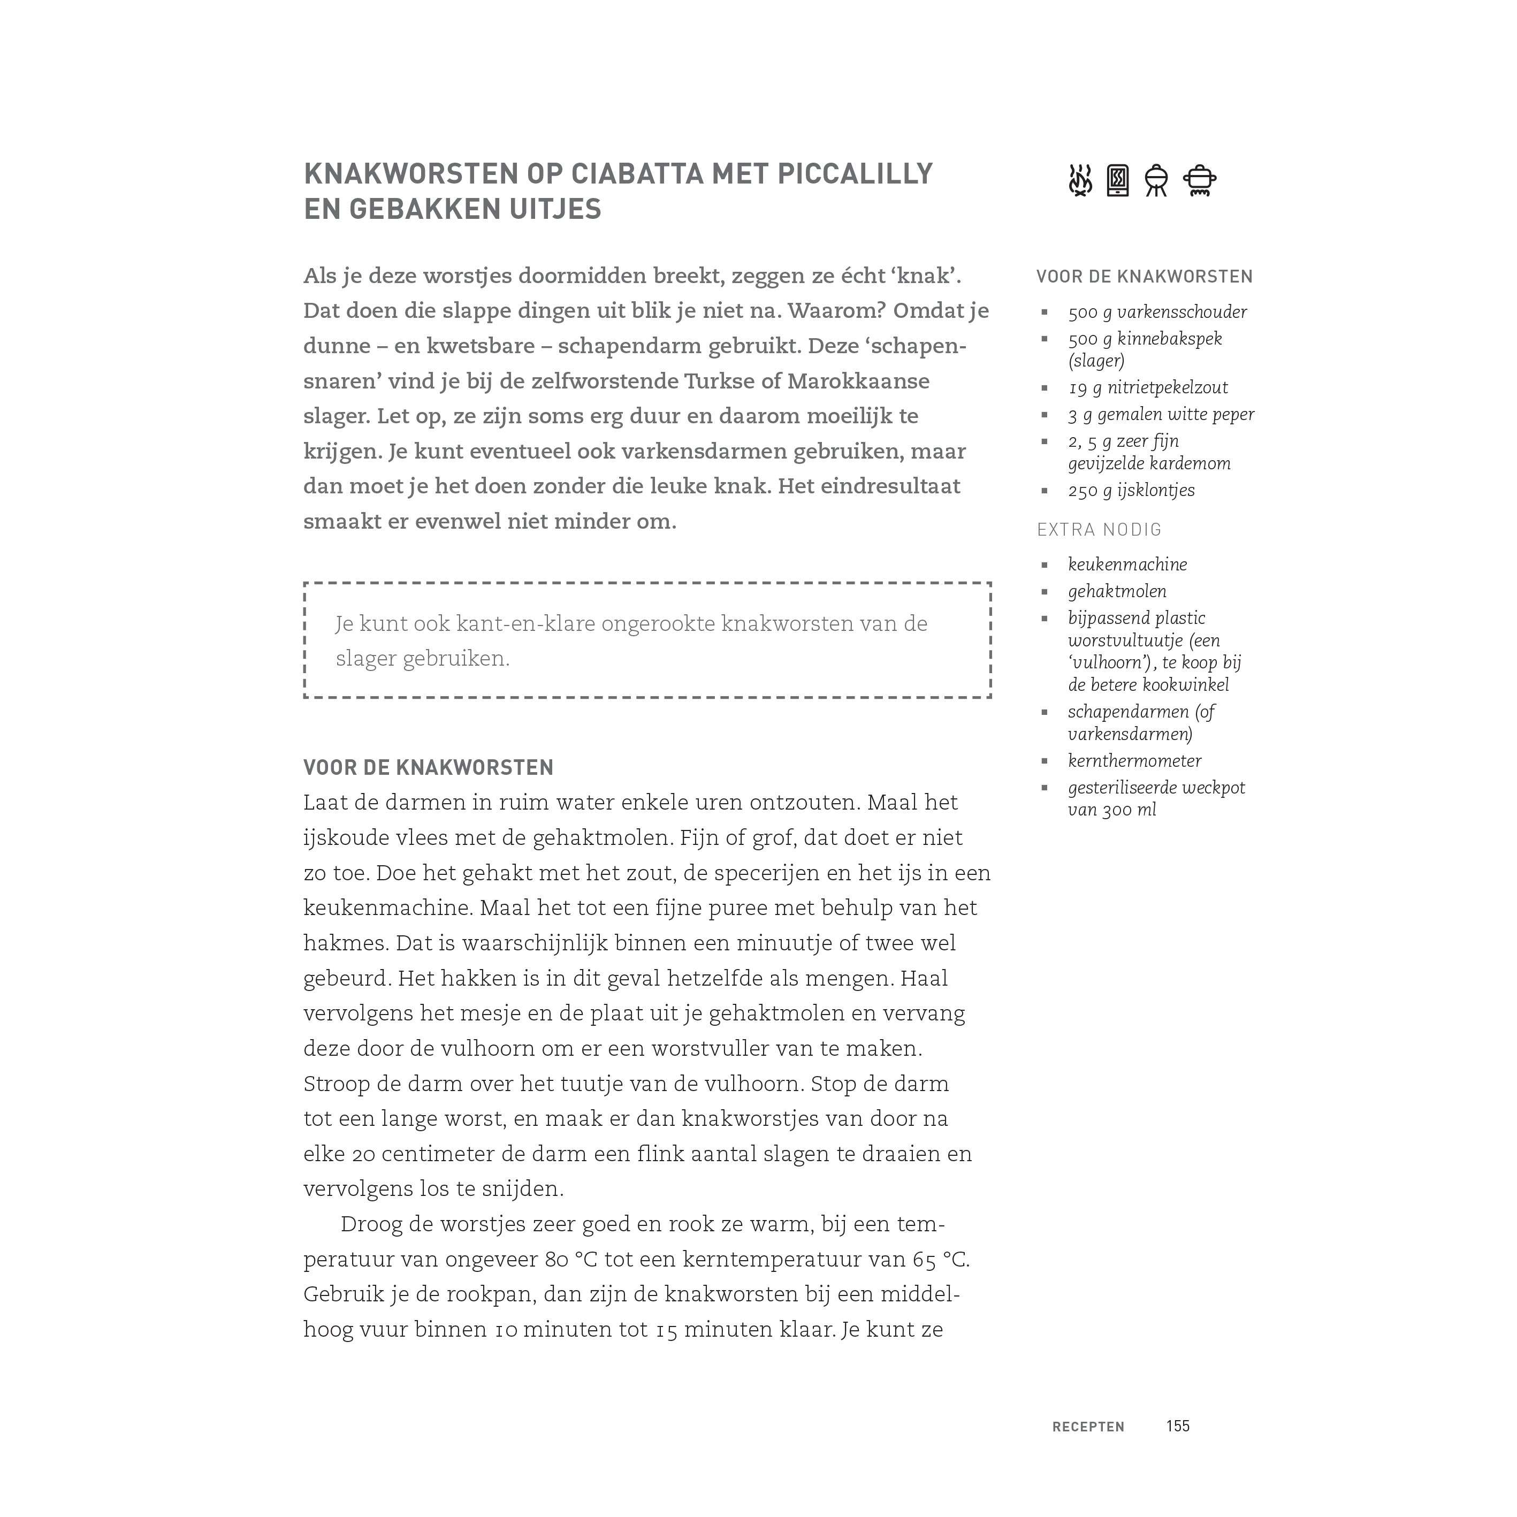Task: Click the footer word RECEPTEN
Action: [x=1088, y=1427]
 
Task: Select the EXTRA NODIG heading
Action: [x=1099, y=530]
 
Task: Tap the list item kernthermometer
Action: [x=1134, y=761]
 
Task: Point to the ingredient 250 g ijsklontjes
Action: [x=1131, y=491]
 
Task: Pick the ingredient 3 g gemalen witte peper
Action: [x=1161, y=415]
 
